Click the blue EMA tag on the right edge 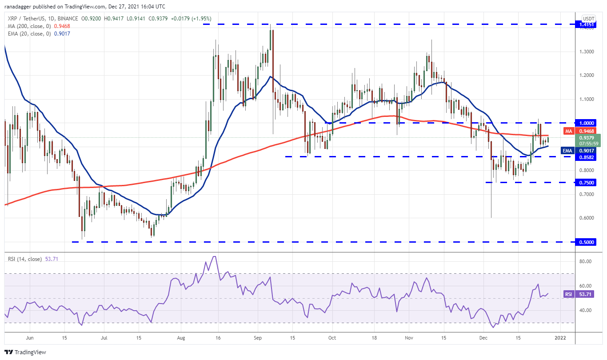click(x=567, y=151)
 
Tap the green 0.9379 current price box click(x=587, y=140)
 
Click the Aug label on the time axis click(x=181, y=338)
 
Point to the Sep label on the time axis click(x=258, y=338)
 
